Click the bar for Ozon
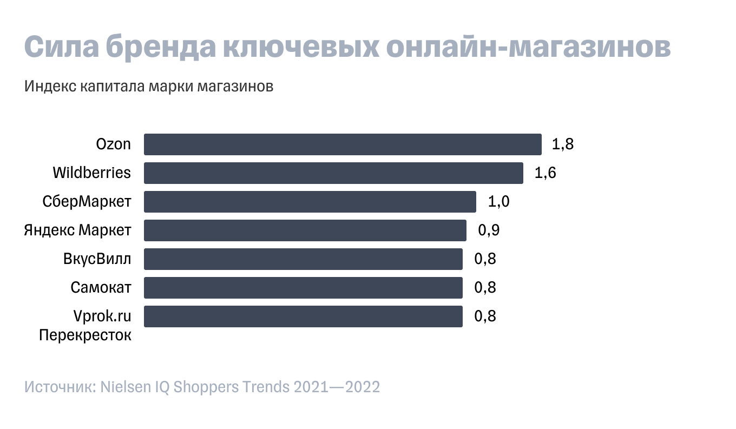[343, 144]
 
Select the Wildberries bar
[333, 173]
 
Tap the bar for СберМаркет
[310, 202]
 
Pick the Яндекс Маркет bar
[305, 230]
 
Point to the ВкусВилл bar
[303, 259]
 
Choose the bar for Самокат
[303, 288]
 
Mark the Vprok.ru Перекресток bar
[303, 316]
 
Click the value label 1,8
[562, 144]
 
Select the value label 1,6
[545, 173]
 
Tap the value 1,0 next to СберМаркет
[498, 202]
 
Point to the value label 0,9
[488, 230]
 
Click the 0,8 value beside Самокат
[485, 288]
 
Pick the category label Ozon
[114, 144]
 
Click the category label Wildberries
[92, 173]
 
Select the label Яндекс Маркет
[77, 230]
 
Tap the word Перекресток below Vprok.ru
[85, 335]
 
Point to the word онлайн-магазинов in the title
[529, 47]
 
